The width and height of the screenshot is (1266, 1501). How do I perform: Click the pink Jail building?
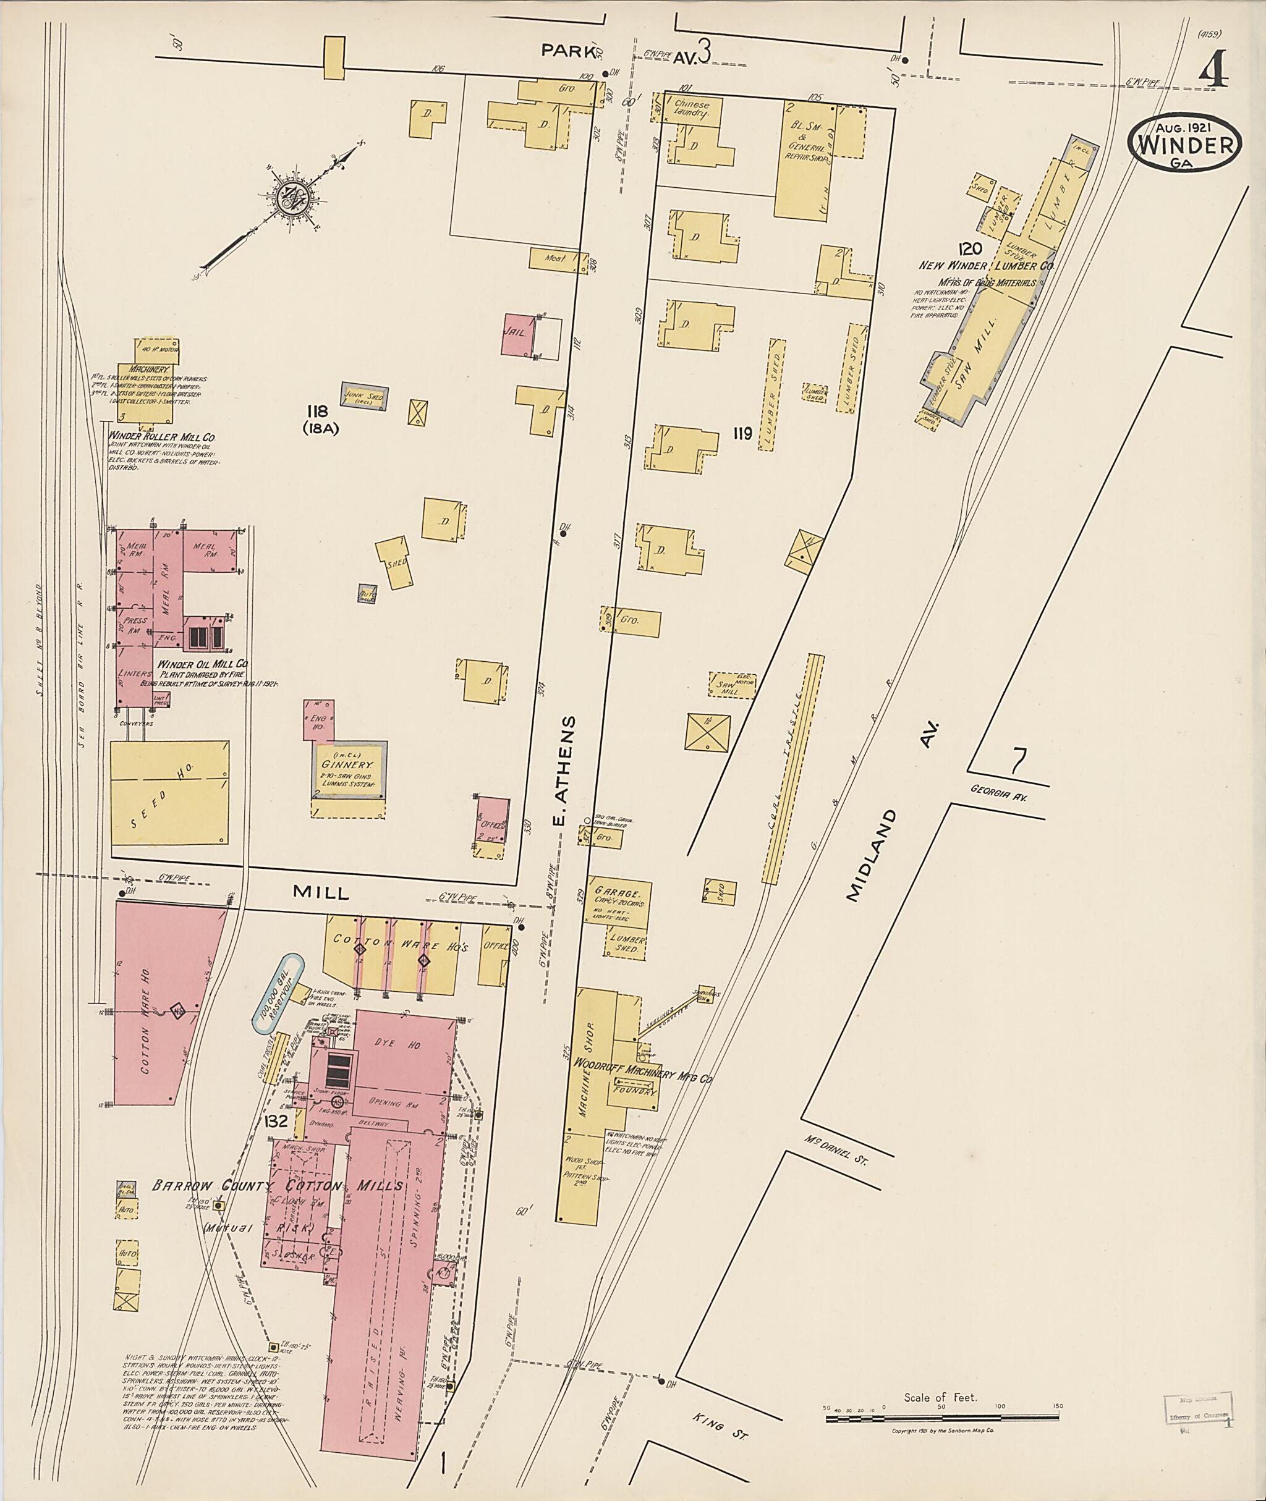point(517,334)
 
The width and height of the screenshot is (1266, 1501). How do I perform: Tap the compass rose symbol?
point(293,195)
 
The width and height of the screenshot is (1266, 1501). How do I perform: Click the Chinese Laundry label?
point(691,109)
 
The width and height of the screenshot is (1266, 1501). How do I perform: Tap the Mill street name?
point(321,892)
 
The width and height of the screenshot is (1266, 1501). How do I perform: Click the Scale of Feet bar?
point(941,1418)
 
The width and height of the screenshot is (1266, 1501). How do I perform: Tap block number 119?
point(742,433)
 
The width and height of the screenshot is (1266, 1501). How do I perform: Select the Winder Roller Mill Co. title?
point(161,436)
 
